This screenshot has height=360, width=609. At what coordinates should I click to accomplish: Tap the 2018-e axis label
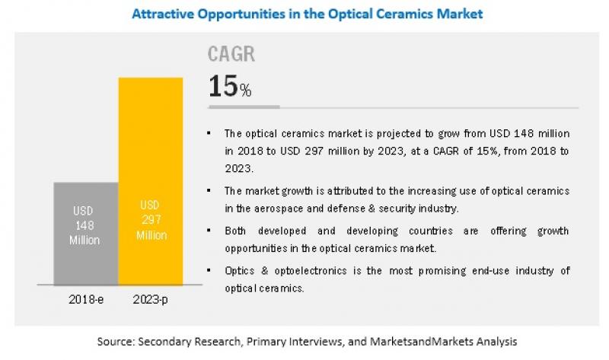pos(85,301)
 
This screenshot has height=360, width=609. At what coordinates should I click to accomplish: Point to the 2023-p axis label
pos(150,301)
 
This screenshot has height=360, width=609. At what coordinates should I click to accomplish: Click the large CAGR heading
pos(231,55)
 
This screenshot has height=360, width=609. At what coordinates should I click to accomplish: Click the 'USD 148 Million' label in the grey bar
pos(86,225)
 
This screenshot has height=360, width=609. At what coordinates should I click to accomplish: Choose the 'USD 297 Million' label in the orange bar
pos(150,220)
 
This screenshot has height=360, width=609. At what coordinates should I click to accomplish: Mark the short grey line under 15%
pos(244,107)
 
